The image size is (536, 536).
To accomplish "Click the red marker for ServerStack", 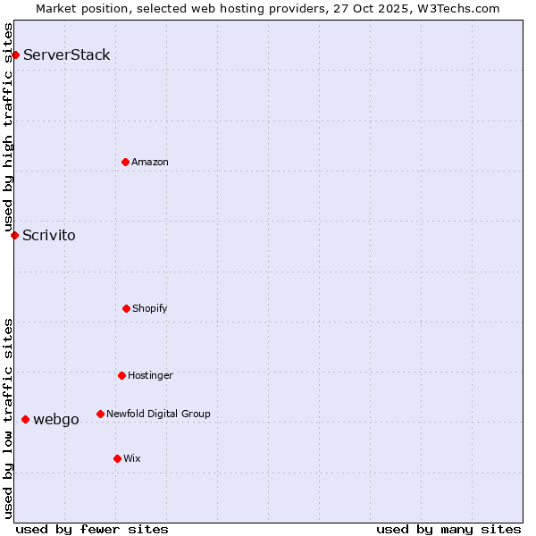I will [15, 55].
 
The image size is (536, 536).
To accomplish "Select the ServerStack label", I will [67, 55].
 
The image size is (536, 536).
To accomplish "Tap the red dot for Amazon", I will [125, 162].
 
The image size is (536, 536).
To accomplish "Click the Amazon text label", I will [150, 162].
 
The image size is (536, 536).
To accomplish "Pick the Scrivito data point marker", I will [14, 235].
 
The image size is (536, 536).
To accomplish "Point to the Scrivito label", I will [49, 236].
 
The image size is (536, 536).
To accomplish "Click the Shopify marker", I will [126, 308].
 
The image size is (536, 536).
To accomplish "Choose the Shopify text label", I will [150, 308].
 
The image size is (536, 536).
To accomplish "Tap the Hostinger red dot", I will [121, 375].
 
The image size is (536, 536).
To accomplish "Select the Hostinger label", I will [150, 375].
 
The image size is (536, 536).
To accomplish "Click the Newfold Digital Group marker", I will [100, 414].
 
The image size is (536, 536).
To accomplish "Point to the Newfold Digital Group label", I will [158, 414].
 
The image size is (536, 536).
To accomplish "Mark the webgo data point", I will [25, 419].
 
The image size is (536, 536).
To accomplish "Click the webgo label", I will [56, 420].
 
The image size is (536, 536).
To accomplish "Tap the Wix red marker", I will [117, 458].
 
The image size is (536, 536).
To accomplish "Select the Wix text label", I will [132, 458].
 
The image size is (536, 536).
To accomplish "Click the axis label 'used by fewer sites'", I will [92, 530].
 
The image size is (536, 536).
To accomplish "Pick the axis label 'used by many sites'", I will [448, 530].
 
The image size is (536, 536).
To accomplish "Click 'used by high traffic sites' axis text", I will [8, 127].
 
